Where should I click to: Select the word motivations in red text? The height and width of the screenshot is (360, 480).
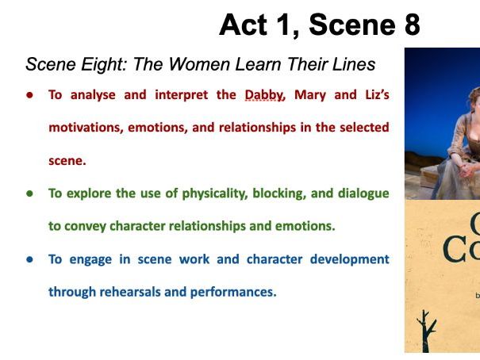[x=83, y=127]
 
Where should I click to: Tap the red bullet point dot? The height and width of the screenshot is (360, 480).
[x=29, y=94]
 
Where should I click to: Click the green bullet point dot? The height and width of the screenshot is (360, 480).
[x=29, y=193]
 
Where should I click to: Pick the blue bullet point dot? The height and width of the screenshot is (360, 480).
[x=29, y=259]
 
